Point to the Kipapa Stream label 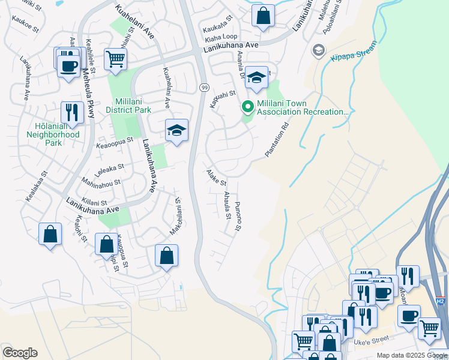click(x=354, y=52)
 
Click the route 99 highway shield click(x=204, y=88)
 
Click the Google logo click(x=20, y=353)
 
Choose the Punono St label click(x=237, y=217)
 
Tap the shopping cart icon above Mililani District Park click(x=115, y=59)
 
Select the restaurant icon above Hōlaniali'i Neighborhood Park click(x=71, y=112)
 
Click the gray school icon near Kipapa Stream click(x=318, y=50)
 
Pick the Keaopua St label click(x=114, y=145)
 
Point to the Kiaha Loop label click(x=221, y=37)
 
